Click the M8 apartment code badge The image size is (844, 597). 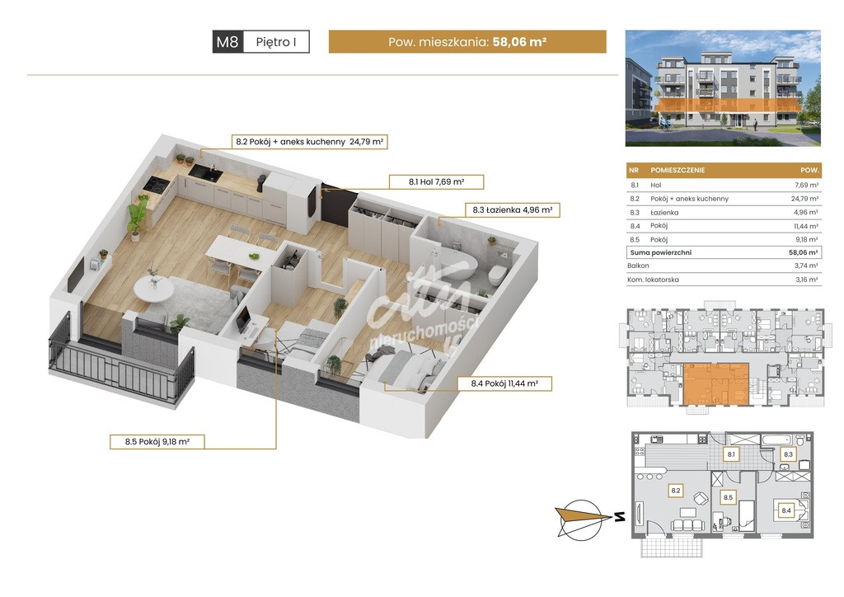pyautogui.click(x=228, y=41)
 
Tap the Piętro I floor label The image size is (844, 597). pyautogui.click(x=276, y=42)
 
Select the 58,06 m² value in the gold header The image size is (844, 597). pyautogui.click(x=519, y=41)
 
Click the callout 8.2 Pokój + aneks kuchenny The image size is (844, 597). pyautogui.click(x=310, y=142)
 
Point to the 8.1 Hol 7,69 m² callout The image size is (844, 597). pyautogui.click(x=437, y=182)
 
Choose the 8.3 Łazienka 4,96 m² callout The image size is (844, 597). pyautogui.click(x=513, y=210)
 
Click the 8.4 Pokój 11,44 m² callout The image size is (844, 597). pyautogui.click(x=504, y=383)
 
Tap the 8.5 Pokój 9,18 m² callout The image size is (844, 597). pyautogui.click(x=157, y=442)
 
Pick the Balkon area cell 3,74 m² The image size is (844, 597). pyautogui.click(x=806, y=266)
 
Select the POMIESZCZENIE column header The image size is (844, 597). pyautogui.click(x=678, y=170)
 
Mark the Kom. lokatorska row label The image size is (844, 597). pyautogui.click(x=653, y=280)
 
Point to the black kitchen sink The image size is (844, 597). pyautogui.click(x=205, y=173)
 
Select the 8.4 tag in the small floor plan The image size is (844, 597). pyautogui.click(x=785, y=510)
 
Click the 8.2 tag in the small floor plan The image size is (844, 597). pyautogui.click(x=675, y=491)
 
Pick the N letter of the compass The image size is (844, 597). pyautogui.click(x=620, y=517)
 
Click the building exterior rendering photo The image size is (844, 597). pyautogui.click(x=723, y=88)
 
